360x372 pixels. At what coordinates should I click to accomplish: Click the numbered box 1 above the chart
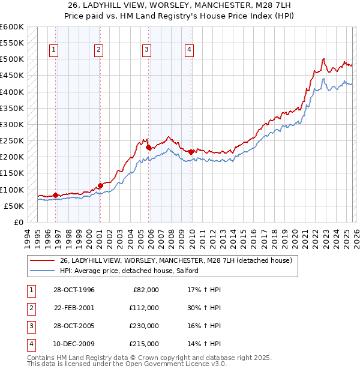tap(55, 50)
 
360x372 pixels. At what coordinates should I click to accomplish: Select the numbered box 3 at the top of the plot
tap(147, 50)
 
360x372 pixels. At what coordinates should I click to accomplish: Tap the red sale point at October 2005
tap(148, 146)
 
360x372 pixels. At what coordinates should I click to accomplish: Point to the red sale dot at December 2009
tap(191, 151)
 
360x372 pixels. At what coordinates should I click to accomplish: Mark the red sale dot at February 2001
tap(100, 185)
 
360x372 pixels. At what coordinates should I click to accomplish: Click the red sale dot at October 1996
tap(55, 195)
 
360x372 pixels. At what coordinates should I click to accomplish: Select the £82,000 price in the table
tap(145, 290)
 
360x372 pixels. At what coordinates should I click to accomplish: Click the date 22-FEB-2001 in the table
tap(74, 308)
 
